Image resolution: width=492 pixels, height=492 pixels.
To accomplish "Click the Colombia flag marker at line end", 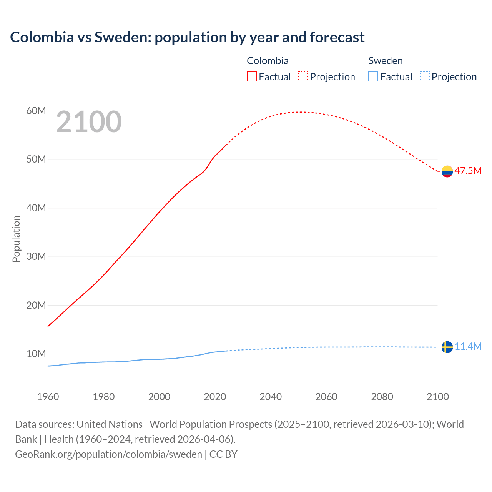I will tap(447, 171).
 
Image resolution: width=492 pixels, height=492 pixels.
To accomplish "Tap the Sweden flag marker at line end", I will tap(447, 347).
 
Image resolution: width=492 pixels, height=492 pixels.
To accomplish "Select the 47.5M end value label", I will tap(468, 171).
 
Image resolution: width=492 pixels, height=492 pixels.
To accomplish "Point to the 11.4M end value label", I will tap(468, 346).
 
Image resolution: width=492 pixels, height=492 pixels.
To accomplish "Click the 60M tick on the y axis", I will tap(36, 111).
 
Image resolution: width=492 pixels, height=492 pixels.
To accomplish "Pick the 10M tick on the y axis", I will tap(36, 354).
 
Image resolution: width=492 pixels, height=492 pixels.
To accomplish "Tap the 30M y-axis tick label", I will tap(36, 256).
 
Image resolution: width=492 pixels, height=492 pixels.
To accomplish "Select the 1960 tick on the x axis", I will tap(48, 397).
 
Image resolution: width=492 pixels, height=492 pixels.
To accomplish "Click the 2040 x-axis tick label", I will tap(271, 397).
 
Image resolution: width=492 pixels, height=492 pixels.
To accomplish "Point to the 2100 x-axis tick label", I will tap(437, 397).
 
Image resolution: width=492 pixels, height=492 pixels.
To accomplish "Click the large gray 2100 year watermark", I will tap(89, 122).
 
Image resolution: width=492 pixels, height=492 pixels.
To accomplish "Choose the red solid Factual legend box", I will tap(252, 76).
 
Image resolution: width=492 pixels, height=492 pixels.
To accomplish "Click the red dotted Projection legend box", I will tap(303, 76).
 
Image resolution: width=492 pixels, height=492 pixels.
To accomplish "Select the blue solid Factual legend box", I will tap(373, 76).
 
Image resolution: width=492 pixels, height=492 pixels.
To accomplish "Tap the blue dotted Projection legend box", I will tap(424, 76).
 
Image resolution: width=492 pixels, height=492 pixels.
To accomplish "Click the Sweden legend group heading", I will tap(385, 61).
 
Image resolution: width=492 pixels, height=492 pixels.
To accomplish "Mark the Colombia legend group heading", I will tap(268, 61).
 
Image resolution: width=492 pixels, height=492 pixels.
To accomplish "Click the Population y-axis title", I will tap(16, 239).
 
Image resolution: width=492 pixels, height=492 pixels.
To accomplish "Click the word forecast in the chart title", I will tap(337, 37).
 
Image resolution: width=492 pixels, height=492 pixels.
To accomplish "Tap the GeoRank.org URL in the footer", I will tap(108, 454).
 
